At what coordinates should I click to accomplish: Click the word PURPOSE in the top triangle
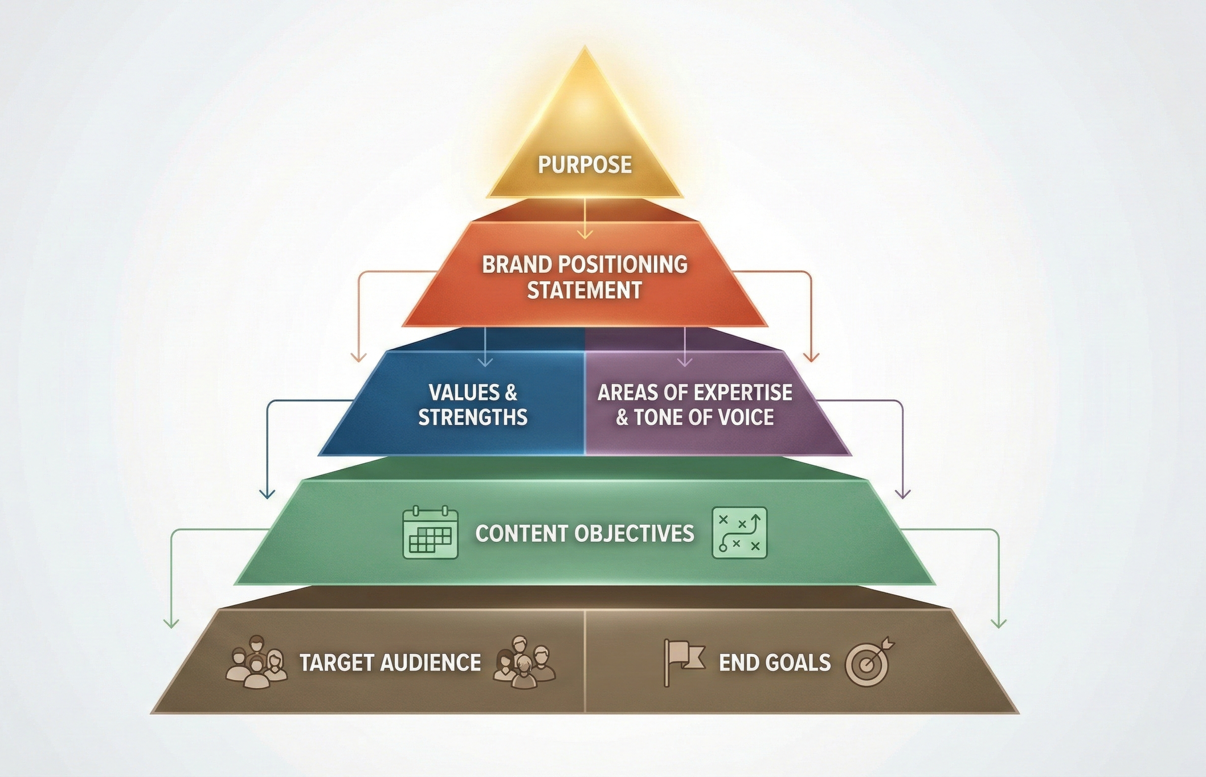[x=584, y=165]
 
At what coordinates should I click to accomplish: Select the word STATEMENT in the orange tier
[x=584, y=291]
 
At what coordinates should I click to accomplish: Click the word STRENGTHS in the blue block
[x=473, y=417]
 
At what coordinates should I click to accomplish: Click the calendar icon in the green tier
[x=430, y=533]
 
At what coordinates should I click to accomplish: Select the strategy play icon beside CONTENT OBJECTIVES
[x=739, y=533]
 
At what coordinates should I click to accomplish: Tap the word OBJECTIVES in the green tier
[x=634, y=533]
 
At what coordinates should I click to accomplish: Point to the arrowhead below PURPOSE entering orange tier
[x=584, y=234]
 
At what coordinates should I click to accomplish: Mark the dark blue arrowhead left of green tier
[x=267, y=493]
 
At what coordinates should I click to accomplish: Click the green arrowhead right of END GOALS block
[x=998, y=623]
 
